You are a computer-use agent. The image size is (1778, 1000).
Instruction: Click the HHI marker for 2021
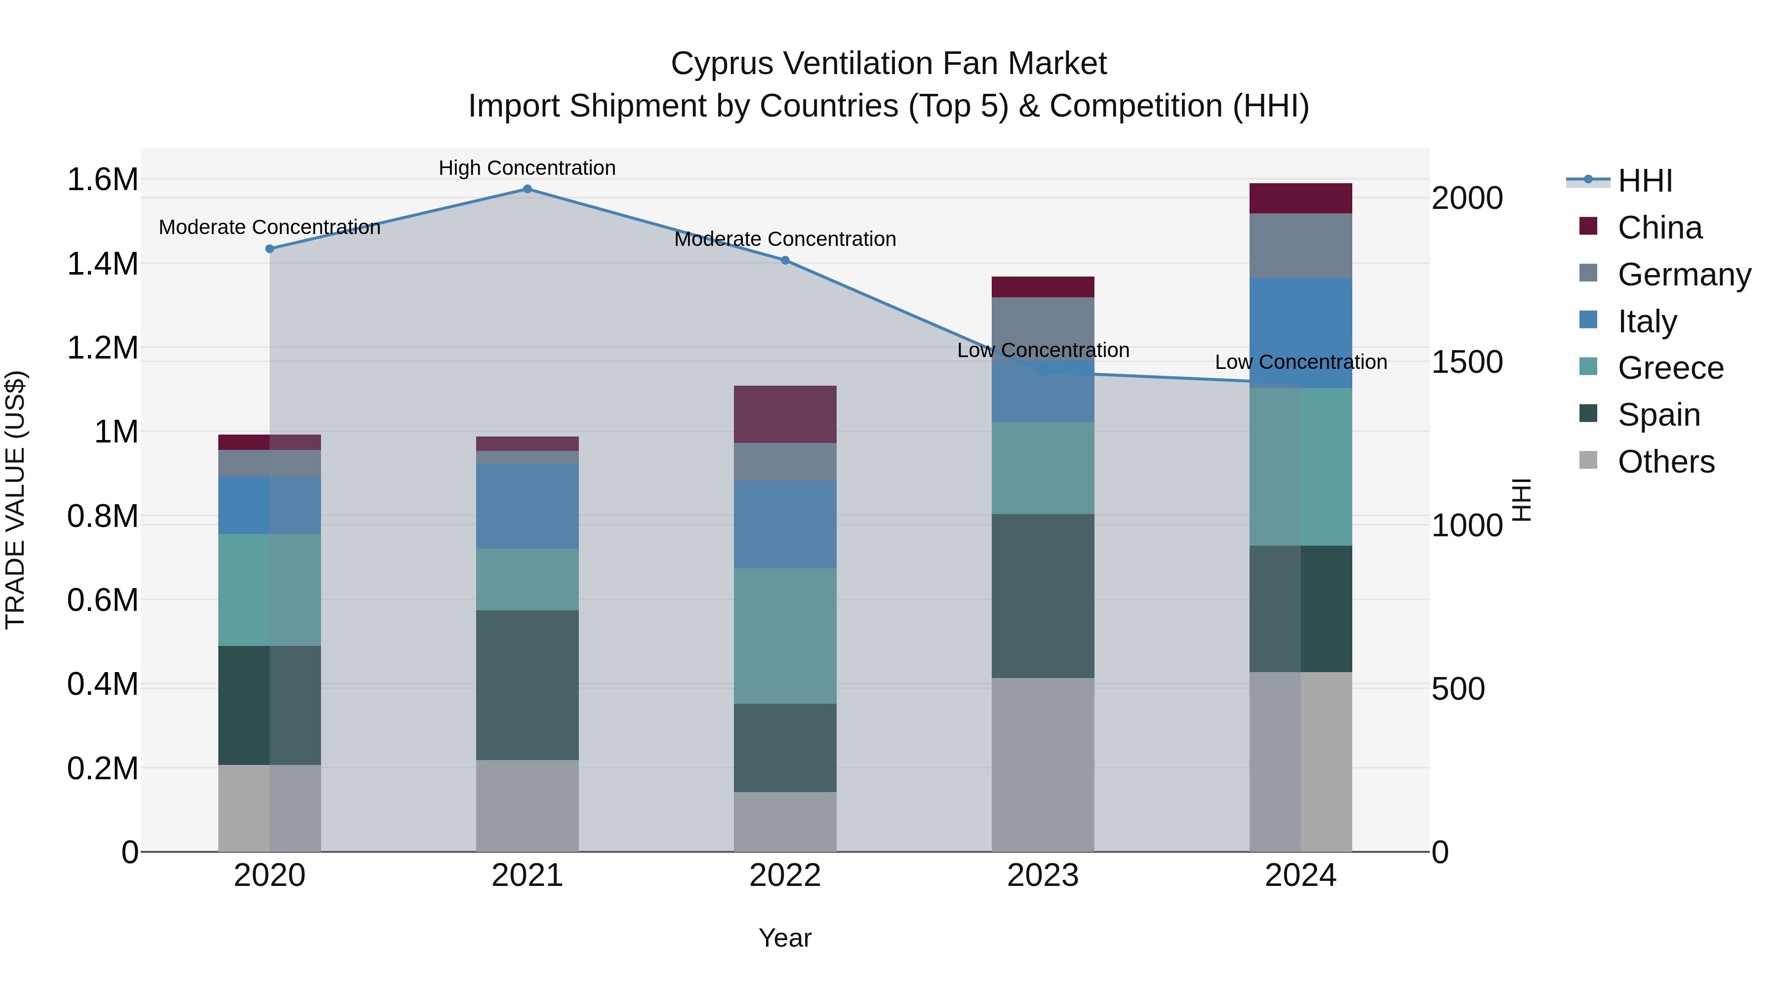pyautogui.click(x=527, y=189)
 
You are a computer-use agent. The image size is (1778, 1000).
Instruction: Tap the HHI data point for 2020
pyautogui.click(x=270, y=249)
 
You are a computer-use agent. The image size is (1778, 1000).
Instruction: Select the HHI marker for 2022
pyautogui.click(x=785, y=261)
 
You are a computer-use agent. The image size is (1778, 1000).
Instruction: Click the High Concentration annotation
pyautogui.click(x=527, y=168)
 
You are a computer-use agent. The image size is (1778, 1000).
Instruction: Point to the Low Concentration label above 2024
pyautogui.click(x=1300, y=362)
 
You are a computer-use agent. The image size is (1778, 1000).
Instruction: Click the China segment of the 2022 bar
pyautogui.click(x=785, y=414)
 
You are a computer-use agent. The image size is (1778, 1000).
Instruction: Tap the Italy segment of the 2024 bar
pyautogui.click(x=1300, y=333)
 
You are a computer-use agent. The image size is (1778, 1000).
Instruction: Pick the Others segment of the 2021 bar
pyautogui.click(x=527, y=805)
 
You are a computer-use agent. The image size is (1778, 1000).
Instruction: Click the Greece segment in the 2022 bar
pyautogui.click(x=785, y=636)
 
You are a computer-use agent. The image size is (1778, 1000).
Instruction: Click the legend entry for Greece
pyautogui.click(x=1670, y=368)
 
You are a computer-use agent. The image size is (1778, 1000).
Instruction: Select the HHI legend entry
pyautogui.click(x=1645, y=181)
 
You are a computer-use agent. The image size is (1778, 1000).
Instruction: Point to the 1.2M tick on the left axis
pyautogui.click(x=103, y=348)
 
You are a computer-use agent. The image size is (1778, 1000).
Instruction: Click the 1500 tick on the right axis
pyautogui.click(x=1467, y=362)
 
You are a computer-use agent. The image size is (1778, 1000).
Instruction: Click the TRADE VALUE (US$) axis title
pyautogui.click(x=15, y=500)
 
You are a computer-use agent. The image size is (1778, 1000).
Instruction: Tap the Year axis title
pyautogui.click(x=785, y=938)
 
